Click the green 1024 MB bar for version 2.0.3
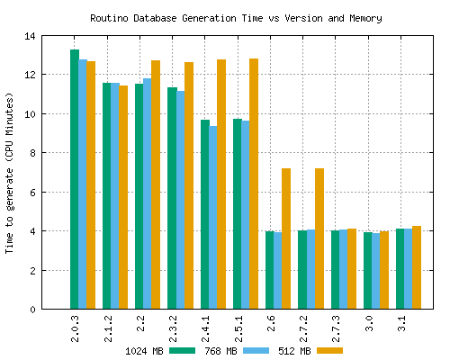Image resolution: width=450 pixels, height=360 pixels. pos(75,180)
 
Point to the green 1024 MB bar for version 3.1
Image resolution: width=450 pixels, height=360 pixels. pos(400,269)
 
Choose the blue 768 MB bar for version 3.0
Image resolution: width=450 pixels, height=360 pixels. pos(376,271)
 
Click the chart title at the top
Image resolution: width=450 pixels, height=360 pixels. pos(235,18)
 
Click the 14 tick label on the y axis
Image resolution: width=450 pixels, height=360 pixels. pos(30,37)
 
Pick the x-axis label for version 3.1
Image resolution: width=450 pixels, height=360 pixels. pos(400,323)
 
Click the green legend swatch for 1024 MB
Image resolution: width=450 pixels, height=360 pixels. pos(183,350)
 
